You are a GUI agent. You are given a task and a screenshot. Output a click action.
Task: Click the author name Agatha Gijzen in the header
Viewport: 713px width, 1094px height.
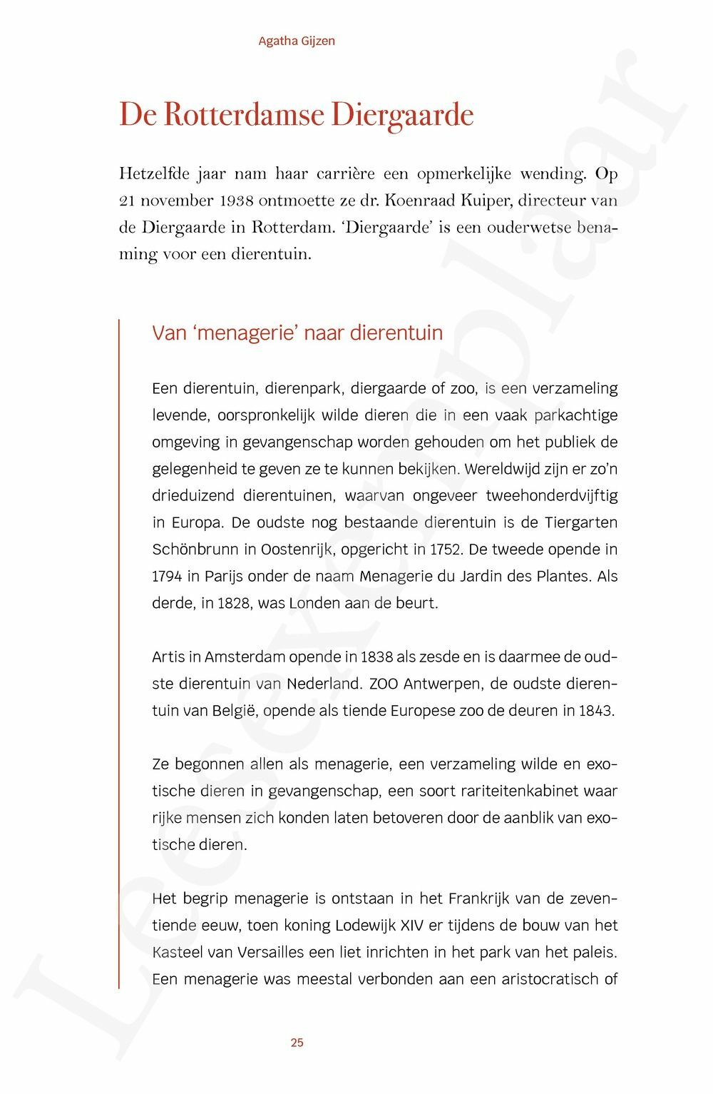(x=297, y=41)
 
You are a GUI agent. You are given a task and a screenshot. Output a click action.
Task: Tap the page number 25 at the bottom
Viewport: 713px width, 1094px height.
(x=297, y=1043)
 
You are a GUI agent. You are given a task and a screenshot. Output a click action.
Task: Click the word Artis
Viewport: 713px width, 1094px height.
(x=168, y=657)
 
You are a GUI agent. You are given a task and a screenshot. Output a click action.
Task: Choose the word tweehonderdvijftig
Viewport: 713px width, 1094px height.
(x=551, y=496)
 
